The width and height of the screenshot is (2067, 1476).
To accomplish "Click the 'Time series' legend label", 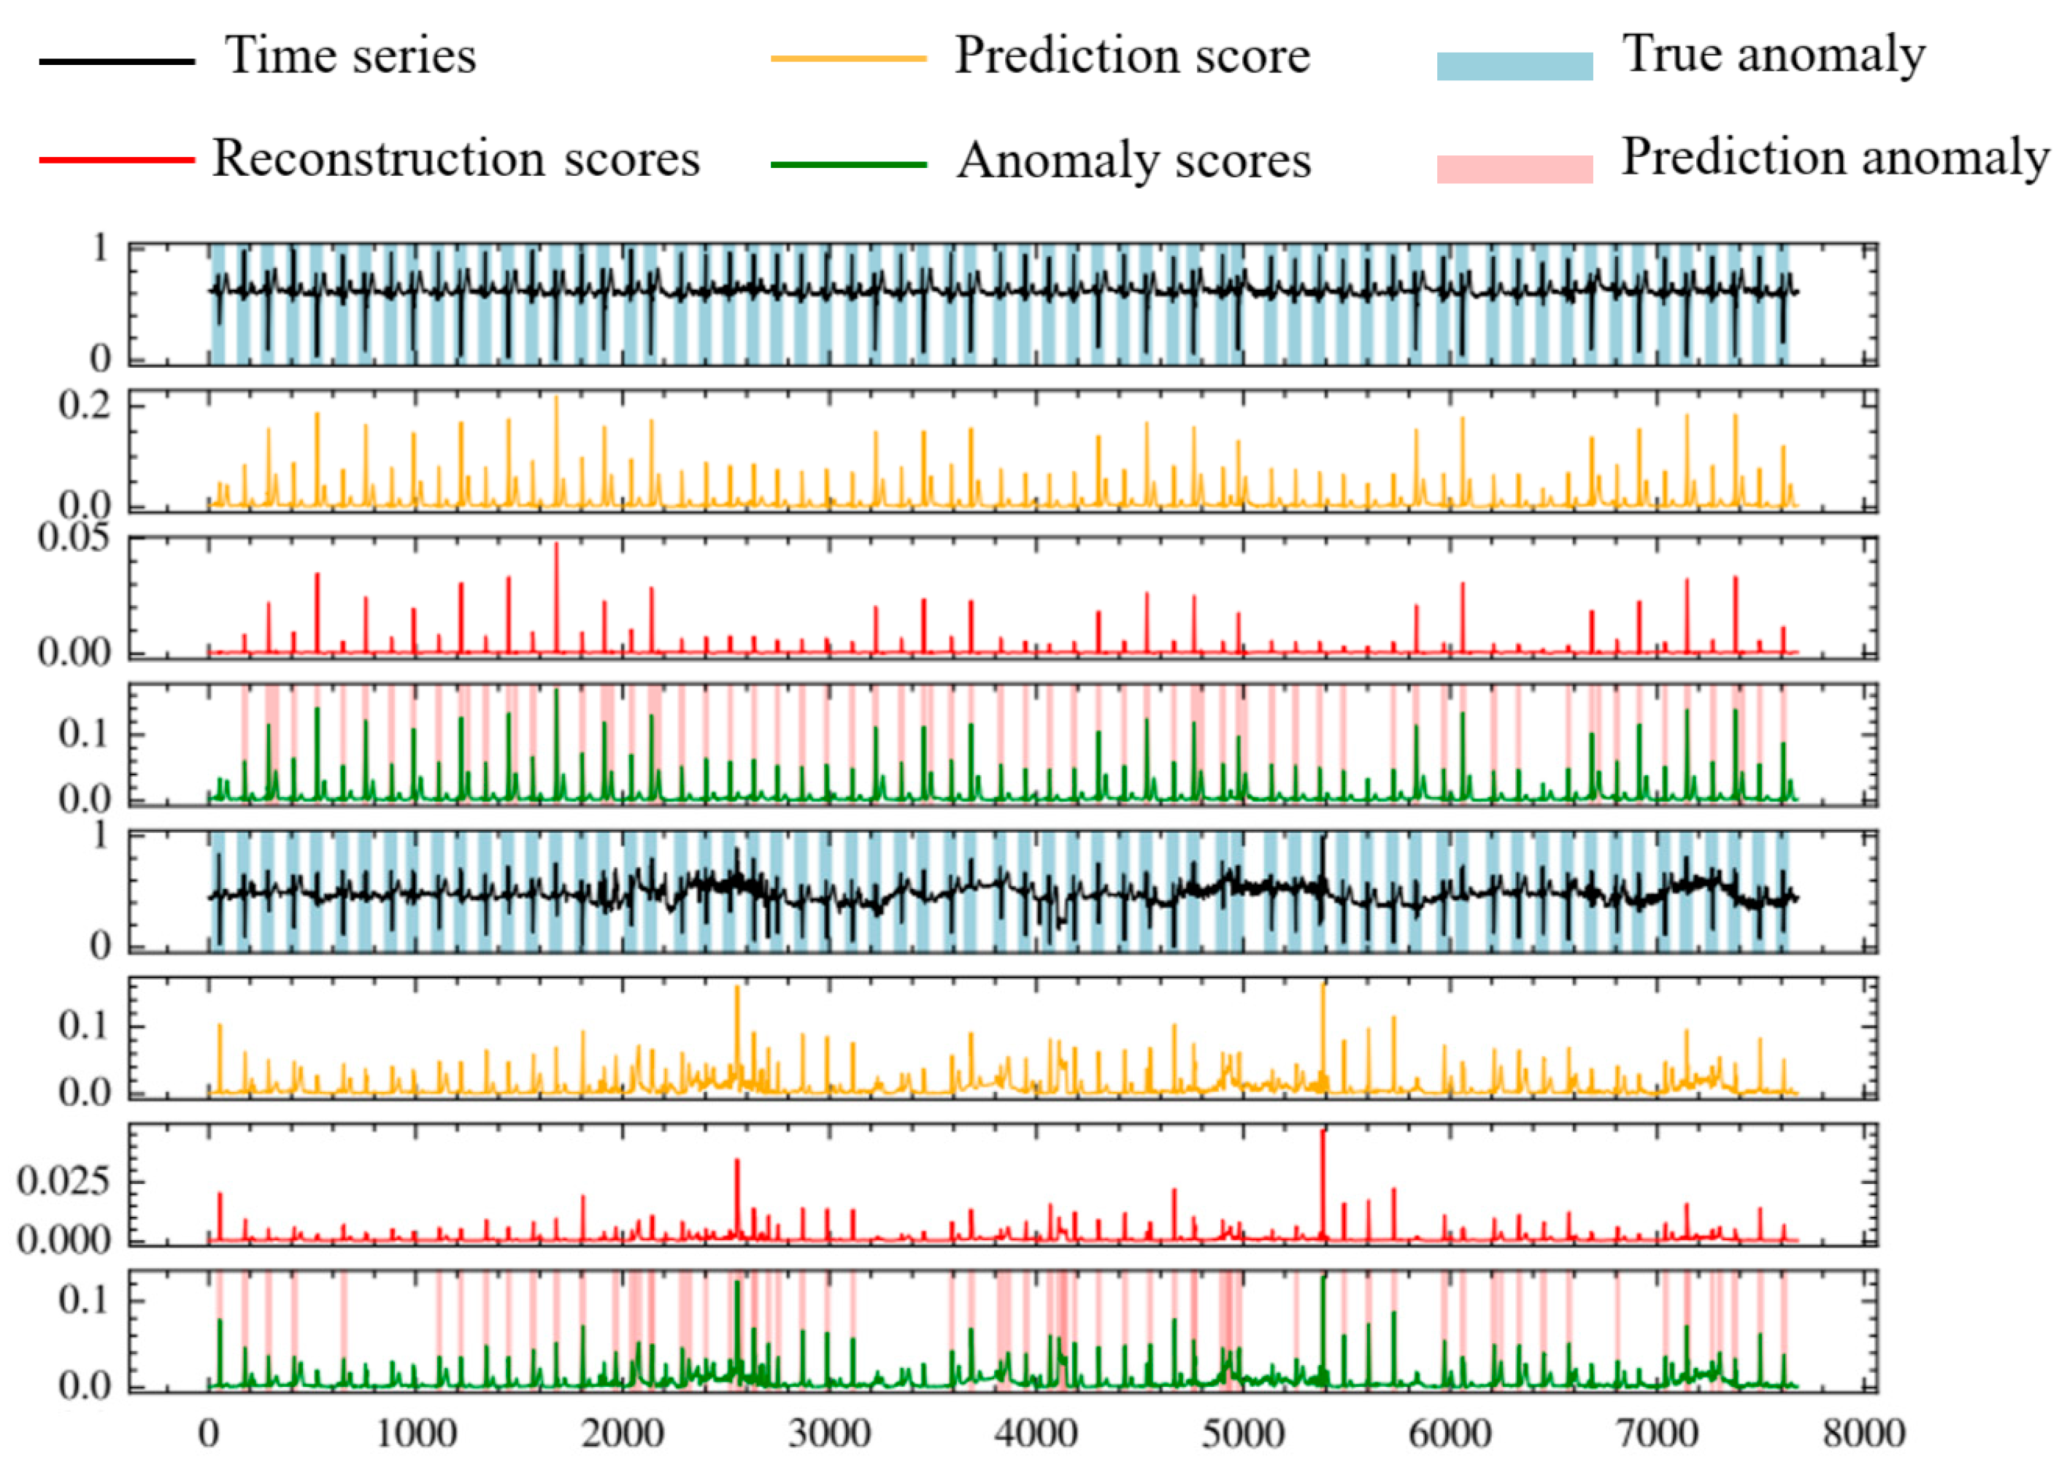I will coord(350,56).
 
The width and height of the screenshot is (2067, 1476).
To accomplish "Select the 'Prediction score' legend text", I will coord(1131,56).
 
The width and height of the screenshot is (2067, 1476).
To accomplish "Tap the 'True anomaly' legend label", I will coord(1773,55).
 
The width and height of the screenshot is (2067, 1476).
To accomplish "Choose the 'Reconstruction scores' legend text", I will coord(455,159).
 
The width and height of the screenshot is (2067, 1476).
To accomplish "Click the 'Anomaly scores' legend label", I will coord(1133,161).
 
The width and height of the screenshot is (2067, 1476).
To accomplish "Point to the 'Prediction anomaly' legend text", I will coord(1836,157).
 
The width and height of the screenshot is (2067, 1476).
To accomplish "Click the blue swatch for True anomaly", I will coord(1514,66).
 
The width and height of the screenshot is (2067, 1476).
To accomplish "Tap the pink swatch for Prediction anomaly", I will coord(1514,169).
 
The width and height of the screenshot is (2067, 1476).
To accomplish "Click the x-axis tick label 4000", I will coord(1035,1434).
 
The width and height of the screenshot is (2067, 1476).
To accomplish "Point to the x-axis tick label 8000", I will coord(1863,1434).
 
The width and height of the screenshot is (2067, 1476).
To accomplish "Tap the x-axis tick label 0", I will coord(209,1434).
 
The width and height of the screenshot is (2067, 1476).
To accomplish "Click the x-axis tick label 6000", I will coord(1450,1434).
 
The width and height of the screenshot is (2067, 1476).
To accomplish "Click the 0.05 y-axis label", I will coord(73,538).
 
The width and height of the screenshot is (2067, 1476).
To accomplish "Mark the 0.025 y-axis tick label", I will coord(62,1182).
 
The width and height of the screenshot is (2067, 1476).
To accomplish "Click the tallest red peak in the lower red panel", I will coord(1322,1136).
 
